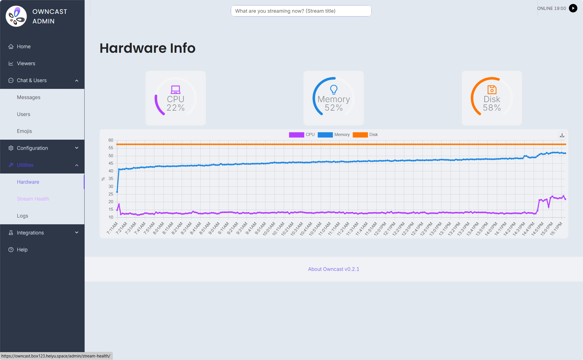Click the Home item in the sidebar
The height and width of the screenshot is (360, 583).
[24, 47]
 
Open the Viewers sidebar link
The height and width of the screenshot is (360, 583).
[26, 63]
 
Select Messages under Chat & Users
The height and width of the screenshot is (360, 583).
[28, 97]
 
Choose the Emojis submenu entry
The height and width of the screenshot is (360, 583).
[24, 131]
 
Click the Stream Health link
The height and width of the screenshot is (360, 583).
[33, 199]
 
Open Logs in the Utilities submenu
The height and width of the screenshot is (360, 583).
[22, 216]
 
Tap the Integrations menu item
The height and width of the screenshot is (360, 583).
[30, 233]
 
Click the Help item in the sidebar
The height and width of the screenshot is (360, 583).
[22, 250]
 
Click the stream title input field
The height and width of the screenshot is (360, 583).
[301, 11]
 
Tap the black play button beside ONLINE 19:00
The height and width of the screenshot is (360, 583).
[573, 8]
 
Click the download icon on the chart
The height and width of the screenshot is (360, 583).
[562, 135]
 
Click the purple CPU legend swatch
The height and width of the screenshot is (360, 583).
[296, 135]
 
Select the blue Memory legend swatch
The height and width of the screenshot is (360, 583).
[325, 135]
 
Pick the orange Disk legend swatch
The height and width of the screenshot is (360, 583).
[360, 135]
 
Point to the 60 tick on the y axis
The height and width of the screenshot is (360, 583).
[111, 140]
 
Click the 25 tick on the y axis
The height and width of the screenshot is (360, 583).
[111, 194]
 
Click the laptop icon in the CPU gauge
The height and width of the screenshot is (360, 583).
[175, 90]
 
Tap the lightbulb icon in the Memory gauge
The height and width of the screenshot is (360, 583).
[334, 89]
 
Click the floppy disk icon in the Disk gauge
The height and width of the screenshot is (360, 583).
[492, 90]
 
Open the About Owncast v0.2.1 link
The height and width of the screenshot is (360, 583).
[334, 269]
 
